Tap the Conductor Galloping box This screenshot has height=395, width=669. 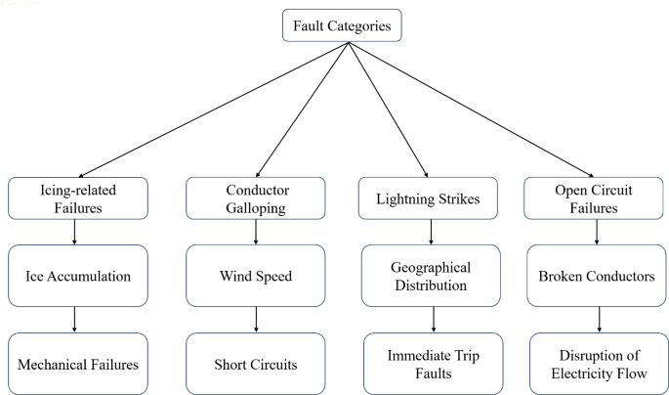click(257, 198)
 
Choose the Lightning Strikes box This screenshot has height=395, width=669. click(431, 198)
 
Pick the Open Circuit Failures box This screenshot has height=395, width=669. click(599, 198)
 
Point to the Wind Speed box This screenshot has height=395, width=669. click(257, 276)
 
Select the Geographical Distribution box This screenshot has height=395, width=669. click(431, 276)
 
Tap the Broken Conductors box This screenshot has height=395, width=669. click(599, 276)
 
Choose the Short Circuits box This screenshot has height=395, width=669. click(257, 364)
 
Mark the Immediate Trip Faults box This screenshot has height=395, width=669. click(431, 364)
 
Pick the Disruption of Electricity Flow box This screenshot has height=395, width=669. click(599, 364)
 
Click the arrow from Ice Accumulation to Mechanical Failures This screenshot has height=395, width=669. click(75, 319)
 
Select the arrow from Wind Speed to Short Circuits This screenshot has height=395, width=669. click(257, 319)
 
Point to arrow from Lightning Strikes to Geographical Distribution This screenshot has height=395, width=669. click(431, 233)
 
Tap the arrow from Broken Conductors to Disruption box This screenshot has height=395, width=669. click(599, 319)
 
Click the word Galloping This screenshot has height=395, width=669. click(257, 206)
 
